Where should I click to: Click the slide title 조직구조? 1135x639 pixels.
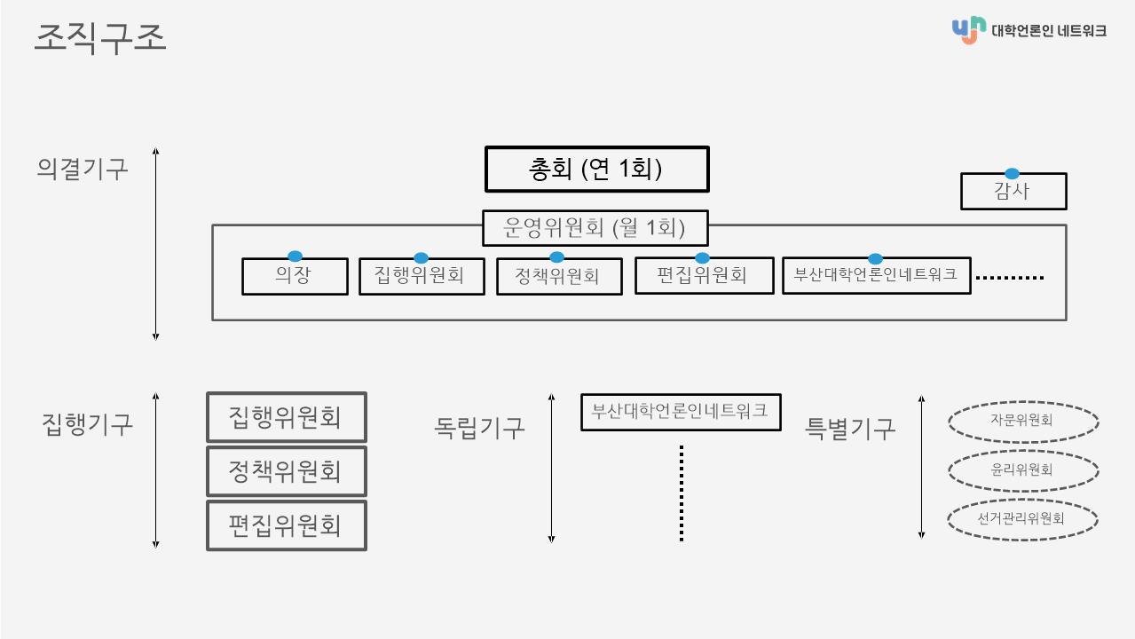tap(100, 37)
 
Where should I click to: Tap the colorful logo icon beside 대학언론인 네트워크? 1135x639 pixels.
tap(969, 30)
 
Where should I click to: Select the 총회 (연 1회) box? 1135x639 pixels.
tap(597, 170)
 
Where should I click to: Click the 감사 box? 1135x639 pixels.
tap(1014, 191)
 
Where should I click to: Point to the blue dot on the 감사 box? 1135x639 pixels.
tap(1012, 174)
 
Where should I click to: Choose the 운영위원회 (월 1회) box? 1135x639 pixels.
tap(595, 228)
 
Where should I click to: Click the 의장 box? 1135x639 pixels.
tap(295, 276)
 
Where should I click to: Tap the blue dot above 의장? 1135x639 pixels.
tap(295, 256)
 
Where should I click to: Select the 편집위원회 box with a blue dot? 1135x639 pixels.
tap(705, 276)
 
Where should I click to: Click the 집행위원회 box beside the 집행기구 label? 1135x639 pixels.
tap(287, 417)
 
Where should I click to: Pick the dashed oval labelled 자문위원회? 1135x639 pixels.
tap(1023, 422)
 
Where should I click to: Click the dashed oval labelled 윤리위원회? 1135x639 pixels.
tap(1023, 470)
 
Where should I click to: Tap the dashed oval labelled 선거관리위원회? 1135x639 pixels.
tap(1022, 519)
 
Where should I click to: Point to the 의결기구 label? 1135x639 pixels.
tap(82, 169)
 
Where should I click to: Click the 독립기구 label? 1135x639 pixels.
tap(479, 428)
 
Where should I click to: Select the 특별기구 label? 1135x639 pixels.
tap(850, 429)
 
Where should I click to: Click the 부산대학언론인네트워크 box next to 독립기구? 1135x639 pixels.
tap(681, 412)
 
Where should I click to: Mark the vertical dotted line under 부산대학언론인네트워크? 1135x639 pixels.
tap(682, 493)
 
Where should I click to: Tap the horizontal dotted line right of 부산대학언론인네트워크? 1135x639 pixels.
tap(1010, 278)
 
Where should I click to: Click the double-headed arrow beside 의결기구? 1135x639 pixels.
tap(155, 244)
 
